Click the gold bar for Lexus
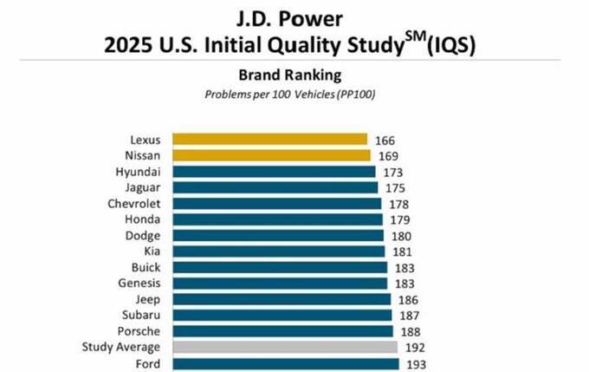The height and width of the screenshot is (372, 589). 269,139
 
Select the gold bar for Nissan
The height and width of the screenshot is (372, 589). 271,155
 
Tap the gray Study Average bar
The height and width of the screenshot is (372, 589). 285,347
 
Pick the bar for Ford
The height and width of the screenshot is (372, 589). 286,363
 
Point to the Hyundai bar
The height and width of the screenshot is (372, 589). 274,172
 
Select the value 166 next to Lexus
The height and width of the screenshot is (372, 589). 387,139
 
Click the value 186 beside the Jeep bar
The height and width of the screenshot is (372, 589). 405,299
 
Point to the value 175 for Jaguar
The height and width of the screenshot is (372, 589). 393,187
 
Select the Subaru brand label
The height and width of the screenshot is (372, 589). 142,315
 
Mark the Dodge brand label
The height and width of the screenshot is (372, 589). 144,235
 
